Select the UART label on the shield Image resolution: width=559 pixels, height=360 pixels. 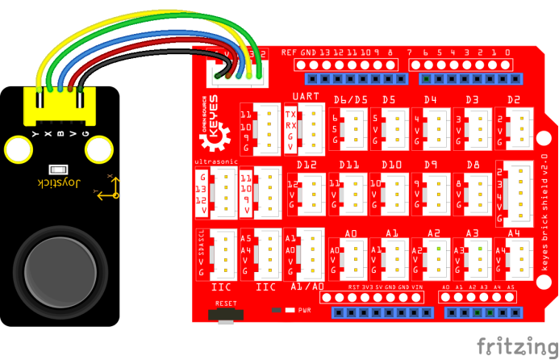[306, 98]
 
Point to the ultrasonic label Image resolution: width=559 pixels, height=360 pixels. [214, 163]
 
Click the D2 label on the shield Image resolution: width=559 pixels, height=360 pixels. [514, 100]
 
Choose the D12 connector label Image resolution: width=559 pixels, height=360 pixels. [307, 165]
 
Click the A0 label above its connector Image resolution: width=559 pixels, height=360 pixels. [350, 232]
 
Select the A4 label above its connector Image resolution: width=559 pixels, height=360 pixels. [514, 232]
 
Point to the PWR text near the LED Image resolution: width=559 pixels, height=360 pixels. [305, 309]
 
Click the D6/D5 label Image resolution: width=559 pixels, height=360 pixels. [351, 100]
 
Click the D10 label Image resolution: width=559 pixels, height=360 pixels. [390, 165]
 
